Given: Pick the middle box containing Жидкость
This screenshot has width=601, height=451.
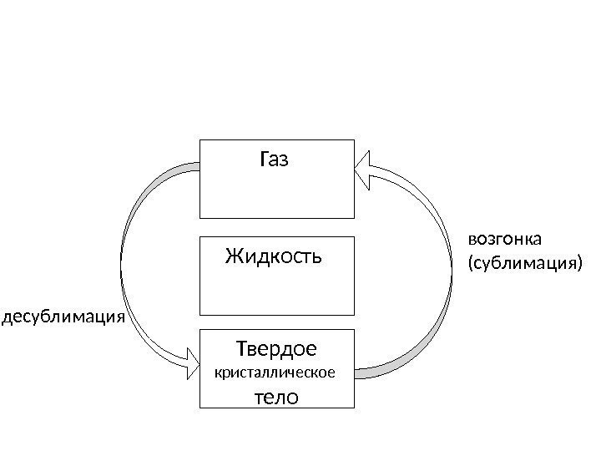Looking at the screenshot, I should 277,284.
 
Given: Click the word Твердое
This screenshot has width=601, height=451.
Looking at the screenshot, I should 277,346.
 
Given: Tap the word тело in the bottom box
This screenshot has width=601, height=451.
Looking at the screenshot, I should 275,396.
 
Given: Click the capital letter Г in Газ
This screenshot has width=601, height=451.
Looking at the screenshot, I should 265,159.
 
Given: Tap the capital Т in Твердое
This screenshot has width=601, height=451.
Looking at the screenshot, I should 245,346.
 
